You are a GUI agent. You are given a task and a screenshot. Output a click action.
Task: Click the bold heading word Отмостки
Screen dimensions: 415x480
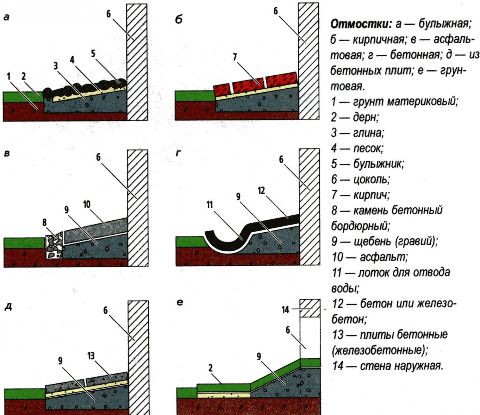pyautogui.click(x=361, y=24)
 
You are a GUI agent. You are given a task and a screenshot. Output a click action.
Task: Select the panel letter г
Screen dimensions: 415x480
pyautogui.click(x=178, y=153)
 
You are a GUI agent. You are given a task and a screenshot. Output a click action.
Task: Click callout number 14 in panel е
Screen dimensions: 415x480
pyautogui.click(x=285, y=310)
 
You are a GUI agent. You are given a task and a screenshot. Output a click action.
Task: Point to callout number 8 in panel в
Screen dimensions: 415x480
pyautogui.click(x=44, y=222)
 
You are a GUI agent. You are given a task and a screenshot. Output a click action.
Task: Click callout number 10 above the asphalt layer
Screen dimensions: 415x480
pyautogui.click(x=87, y=204)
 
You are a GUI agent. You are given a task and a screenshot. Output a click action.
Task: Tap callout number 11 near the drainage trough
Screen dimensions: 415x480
pyautogui.click(x=210, y=205)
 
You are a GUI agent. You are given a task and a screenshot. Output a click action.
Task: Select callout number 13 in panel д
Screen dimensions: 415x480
pyautogui.click(x=91, y=356)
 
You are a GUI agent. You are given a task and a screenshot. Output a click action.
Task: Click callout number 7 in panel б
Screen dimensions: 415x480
pyautogui.click(x=235, y=57)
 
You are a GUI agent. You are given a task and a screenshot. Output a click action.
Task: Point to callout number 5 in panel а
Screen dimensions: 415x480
pyautogui.click(x=93, y=54)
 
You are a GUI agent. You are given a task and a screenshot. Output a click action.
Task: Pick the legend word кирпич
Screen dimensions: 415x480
pyautogui.click(x=371, y=195)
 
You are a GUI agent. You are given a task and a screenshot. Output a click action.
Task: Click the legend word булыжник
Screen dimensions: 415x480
pyautogui.click(x=378, y=164)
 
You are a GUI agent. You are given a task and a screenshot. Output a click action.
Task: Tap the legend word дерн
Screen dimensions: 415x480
pyautogui.click(x=366, y=117)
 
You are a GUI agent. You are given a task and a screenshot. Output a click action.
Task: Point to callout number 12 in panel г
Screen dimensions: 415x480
pyautogui.click(x=261, y=191)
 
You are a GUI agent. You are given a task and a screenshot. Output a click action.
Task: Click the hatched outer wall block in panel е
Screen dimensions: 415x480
pyautogui.click(x=310, y=308)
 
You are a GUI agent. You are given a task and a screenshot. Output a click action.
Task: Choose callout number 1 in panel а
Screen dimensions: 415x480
pyautogui.click(x=9, y=77)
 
